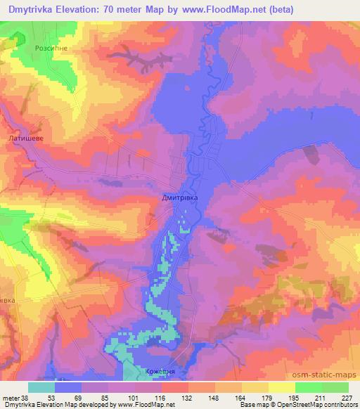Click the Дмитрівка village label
(180, 199)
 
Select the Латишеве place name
(26, 139)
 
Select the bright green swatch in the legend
(308, 387)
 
